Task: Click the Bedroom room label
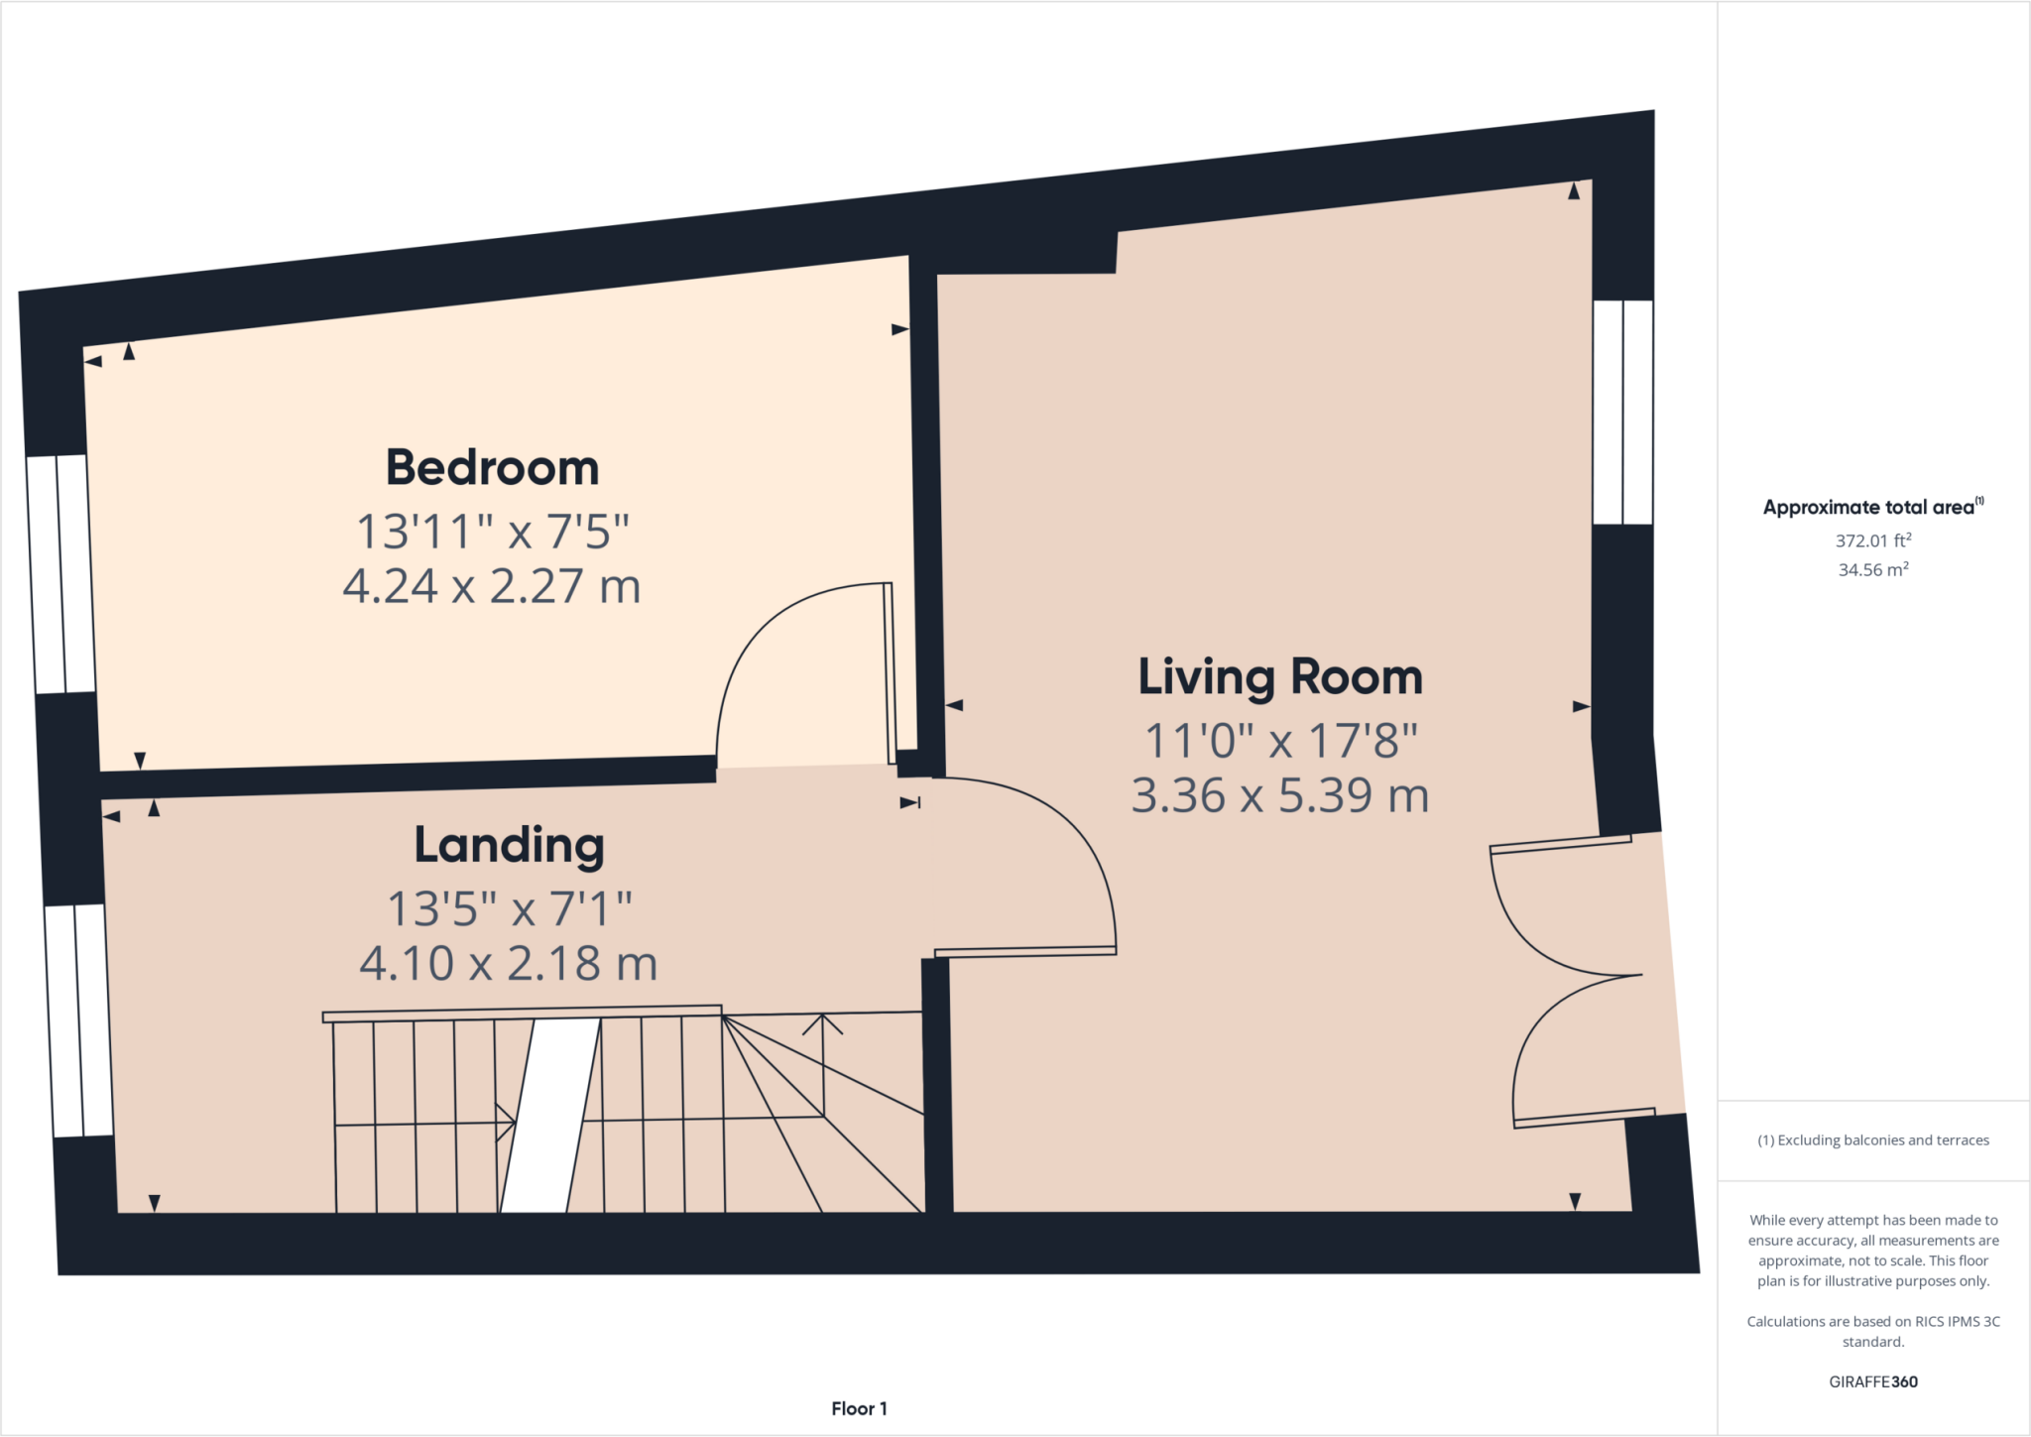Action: coord(492,468)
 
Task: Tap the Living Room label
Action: coord(1280,677)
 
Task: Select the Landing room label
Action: coord(509,846)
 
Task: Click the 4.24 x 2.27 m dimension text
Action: coord(492,586)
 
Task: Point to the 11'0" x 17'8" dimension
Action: coord(1280,741)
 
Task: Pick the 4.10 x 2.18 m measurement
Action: coord(509,963)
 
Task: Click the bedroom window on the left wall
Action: coord(60,574)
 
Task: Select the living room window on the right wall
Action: coord(1622,412)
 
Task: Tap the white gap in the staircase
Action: coord(550,1116)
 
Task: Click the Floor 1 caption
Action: coord(859,1408)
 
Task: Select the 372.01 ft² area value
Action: coord(1872,540)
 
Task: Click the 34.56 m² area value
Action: coord(1872,569)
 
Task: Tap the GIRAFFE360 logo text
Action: coord(1872,1381)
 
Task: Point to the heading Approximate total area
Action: coord(1870,507)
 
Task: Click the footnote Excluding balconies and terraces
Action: coord(1873,1140)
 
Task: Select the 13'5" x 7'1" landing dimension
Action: coord(509,907)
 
